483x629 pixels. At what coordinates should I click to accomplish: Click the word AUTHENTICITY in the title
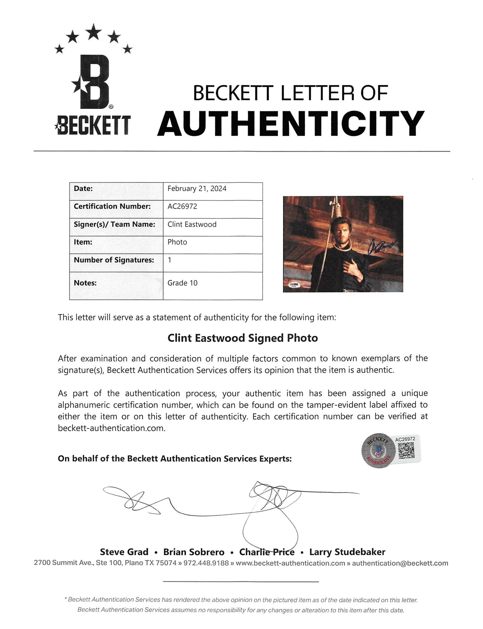pyautogui.click(x=291, y=124)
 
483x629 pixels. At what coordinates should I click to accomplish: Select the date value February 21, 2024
pyautogui.click(x=197, y=189)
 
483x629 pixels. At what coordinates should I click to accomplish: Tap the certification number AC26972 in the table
pyautogui.click(x=182, y=206)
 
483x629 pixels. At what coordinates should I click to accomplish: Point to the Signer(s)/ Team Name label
pyautogui.click(x=114, y=224)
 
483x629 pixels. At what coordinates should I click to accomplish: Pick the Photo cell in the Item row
pyautogui.click(x=177, y=242)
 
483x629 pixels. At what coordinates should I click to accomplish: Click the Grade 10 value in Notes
pyautogui.click(x=182, y=283)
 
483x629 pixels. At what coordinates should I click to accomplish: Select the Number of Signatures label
pyautogui.click(x=114, y=260)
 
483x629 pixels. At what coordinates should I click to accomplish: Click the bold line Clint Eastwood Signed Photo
pyautogui.click(x=243, y=338)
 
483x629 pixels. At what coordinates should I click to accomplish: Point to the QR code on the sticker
pyautogui.click(x=406, y=450)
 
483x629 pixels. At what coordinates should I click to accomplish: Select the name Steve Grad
pyautogui.click(x=124, y=552)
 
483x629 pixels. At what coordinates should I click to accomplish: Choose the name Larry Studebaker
pyautogui.click(x=347, y=552)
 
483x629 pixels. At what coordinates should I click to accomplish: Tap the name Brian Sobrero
pyautogui.click(x=194, y=552)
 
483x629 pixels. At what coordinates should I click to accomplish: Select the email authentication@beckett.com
pyautogui.click(x=400, y=563)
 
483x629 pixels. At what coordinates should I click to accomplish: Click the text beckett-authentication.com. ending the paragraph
pyautogui.click(x=112, y=428)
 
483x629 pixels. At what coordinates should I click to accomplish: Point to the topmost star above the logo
pyautogui.click(x=93, y=32)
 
